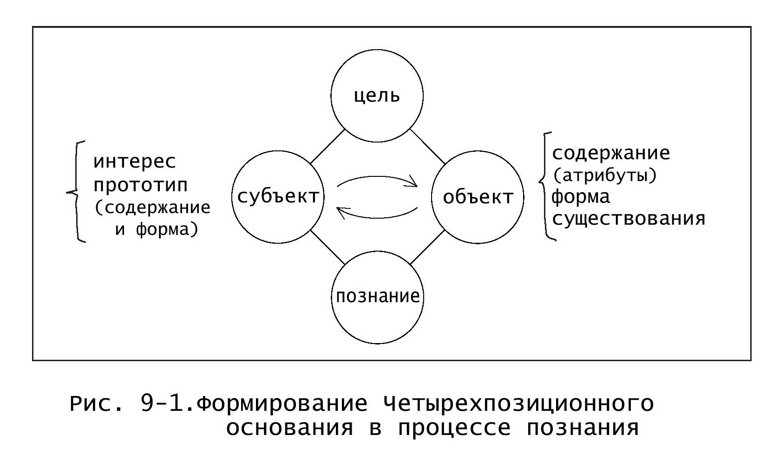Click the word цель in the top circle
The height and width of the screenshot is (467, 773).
377,96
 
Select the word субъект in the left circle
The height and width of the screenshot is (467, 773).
278,197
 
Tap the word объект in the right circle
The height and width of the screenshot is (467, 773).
478,197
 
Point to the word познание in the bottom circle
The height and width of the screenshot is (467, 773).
378,296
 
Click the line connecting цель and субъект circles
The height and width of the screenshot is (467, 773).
328,147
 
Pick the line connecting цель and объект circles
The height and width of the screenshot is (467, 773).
427,147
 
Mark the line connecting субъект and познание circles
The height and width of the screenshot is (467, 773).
328,247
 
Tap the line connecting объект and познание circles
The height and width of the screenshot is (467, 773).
427,247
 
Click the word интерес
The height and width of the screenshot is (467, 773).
135,162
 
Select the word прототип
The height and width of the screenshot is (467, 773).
140,185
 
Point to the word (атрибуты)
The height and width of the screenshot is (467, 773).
604,175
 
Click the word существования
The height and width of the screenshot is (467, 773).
629,219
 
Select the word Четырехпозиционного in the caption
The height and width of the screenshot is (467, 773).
518,404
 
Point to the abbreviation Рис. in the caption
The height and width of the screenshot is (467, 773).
96,404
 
